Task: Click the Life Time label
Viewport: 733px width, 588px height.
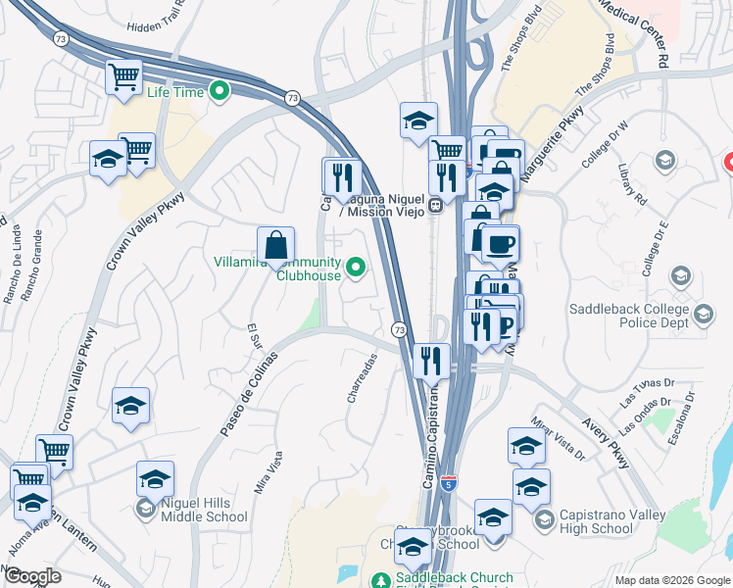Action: [174, 93]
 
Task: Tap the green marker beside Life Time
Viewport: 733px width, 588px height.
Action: [220, 93]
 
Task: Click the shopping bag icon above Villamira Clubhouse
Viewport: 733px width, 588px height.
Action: [276, 244]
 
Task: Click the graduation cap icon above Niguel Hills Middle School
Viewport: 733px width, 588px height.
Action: [155, 477]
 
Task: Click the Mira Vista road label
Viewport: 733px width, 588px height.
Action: [268, 472]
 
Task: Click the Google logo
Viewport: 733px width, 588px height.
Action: [32, 576]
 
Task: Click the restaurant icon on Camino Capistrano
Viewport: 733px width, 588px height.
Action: [430, 360]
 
